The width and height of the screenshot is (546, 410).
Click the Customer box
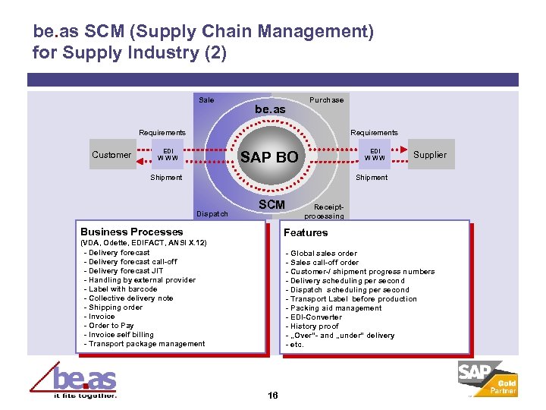pyautogui.click(x=111, y=155)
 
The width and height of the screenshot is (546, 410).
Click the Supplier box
pyautogui.click(x=430, y=154)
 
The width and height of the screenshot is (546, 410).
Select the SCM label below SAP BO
pyautogui.click(x=271, y=204)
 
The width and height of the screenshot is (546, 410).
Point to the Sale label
pyautogui.click(x=206, y=100)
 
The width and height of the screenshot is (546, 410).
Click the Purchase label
pyautogui.click(x=326, y=100)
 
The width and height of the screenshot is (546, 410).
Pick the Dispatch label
pyautogui.click(x=212, y=214)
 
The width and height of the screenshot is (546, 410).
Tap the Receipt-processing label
pyautogui.click(x=328, y=211)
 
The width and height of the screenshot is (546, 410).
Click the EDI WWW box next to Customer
pyautogui.click(x=168, y=154)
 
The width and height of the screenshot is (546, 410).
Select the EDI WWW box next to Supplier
pyautogui.click(x=375, y=154)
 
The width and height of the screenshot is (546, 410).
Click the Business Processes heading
pyautogui.click(x=131, y=232)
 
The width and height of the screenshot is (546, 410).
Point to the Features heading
pyautogui.click(x=306, y=232)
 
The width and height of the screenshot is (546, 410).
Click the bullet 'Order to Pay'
pyautogui.click(x=111, y=326)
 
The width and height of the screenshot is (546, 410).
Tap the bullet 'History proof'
pyautogui.click(x=312, y=326)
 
